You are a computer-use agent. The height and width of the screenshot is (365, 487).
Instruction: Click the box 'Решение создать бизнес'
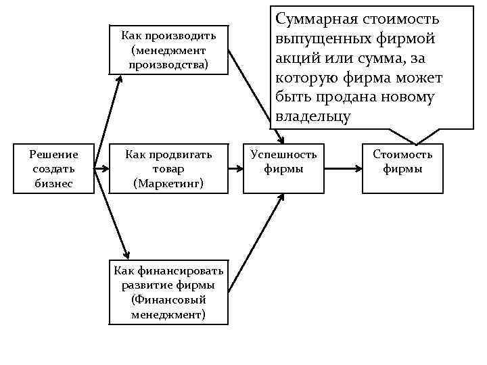54,169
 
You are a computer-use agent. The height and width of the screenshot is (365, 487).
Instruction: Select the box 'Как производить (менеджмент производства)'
169,50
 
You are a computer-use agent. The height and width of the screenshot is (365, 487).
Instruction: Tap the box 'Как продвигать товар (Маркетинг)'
169,169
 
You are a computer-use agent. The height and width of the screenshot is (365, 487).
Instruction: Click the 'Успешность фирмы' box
283,169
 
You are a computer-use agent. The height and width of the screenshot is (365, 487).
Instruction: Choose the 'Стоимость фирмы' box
402,169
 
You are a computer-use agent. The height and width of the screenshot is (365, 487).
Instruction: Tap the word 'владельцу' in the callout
312,116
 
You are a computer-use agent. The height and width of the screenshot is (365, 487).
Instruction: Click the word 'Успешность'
283,155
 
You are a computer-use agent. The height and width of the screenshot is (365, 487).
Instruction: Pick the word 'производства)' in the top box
169,64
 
